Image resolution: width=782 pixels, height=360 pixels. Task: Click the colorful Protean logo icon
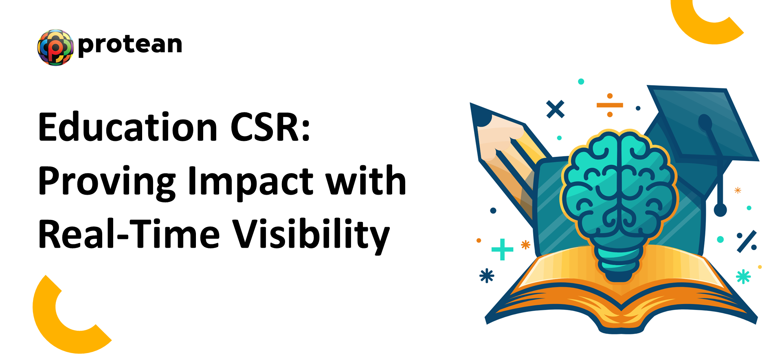55,47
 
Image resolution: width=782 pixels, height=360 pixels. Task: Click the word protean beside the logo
130,45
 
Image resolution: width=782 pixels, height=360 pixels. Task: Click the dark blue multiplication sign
555,109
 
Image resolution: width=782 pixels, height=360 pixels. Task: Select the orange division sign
610,105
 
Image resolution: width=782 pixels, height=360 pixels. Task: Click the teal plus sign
502,249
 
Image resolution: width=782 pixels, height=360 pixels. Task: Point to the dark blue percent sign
747,241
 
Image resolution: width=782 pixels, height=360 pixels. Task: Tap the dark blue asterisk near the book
487,276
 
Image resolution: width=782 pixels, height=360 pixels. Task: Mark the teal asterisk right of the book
743,277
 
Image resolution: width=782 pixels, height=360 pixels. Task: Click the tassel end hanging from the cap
720,210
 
